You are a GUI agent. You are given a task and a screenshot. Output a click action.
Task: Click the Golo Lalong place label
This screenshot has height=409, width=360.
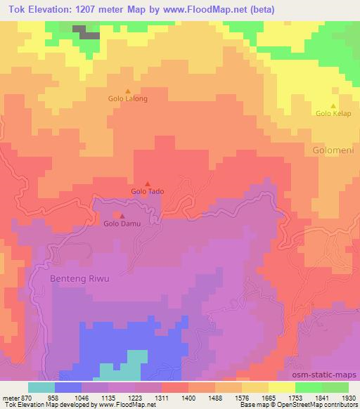click(x=127, y=99)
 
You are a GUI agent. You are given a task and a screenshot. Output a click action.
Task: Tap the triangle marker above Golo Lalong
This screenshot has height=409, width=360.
click(x=127, y=91)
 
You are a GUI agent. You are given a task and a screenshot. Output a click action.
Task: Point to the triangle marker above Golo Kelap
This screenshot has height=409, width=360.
click(x=333, y=105)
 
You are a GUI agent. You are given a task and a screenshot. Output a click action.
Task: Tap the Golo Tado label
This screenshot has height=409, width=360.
click(x=148, y=191)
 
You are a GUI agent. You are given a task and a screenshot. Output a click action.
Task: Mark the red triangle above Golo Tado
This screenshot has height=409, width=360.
click(x=148, y=183)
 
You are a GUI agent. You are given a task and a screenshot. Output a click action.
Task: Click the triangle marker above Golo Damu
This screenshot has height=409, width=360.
click(x=122, y=216)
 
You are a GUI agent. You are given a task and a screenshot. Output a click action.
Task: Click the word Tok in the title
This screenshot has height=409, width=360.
click(x=11, y=8)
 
